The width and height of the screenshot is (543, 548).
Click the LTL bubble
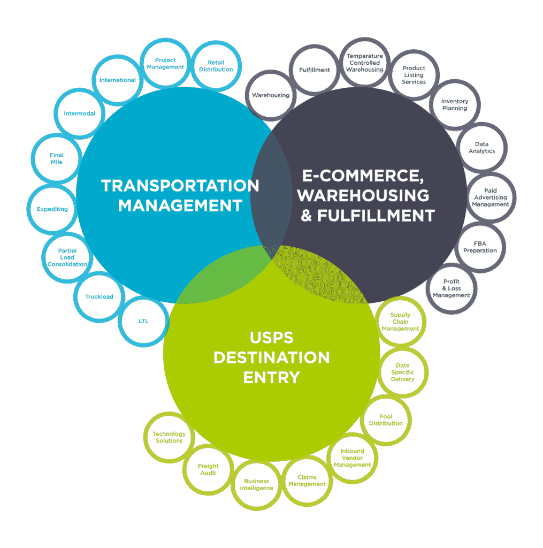tap(143, 321)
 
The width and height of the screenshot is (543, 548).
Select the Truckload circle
tap(99, 296)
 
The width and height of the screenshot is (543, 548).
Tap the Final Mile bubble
tap(56, 158)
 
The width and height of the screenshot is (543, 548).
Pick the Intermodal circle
tap(80, 113)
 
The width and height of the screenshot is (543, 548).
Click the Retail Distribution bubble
tap(216, 66)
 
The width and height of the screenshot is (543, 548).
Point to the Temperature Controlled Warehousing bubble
tap(365, 63)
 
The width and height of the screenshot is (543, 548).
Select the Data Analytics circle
tap(482, 148)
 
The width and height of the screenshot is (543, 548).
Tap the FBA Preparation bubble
tap(480, 247)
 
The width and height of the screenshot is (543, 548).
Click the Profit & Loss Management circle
tap(452, 288)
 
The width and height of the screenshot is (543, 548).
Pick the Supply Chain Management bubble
tap(400, 322)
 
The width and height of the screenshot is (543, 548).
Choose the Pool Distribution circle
tap(386, 420)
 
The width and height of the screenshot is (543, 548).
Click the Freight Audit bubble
tap(208, 469)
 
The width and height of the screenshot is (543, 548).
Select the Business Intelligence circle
tap(256, 484)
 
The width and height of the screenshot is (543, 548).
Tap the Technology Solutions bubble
tap(169, 437)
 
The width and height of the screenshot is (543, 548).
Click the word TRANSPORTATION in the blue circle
tap(180, 186)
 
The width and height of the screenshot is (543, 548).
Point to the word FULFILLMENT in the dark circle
tap(376, 216)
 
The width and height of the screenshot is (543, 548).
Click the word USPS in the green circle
tap(271, 338)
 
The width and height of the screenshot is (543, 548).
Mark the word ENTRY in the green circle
tap(271, 377)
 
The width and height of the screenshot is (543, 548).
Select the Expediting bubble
tap(52, 209)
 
